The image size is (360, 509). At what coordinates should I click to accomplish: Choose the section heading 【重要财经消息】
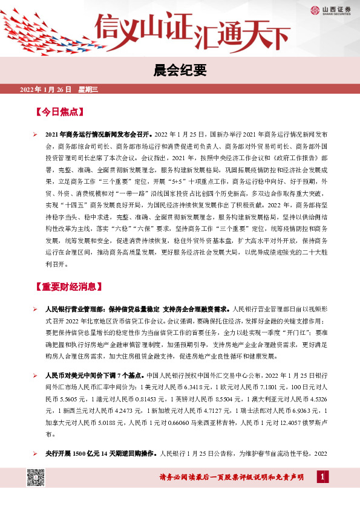pos(69,287)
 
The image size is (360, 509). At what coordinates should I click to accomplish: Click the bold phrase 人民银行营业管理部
pos(76,310)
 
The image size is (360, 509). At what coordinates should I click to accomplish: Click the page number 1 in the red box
pos(322,478)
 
